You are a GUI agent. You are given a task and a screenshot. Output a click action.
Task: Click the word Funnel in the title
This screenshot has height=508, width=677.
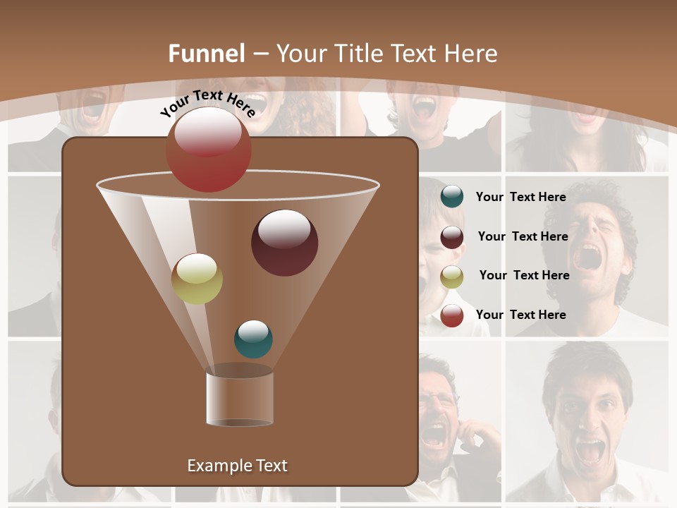click(x=206, y=54)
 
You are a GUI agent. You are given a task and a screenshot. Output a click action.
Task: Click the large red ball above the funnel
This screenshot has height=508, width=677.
click(x=208, y=149)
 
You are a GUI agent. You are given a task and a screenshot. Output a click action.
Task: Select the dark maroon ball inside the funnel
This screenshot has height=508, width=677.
click(x=284, y=242)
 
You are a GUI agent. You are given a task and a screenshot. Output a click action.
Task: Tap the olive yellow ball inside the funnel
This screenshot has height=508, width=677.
click(x=197, y=279)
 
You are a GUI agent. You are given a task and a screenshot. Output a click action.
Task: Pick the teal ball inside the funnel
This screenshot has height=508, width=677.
click(x=253, y=339)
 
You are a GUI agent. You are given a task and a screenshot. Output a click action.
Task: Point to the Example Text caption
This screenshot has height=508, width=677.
click(x=237, y=466)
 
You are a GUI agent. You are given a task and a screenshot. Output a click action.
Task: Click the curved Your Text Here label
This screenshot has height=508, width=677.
click(x=207, y=103)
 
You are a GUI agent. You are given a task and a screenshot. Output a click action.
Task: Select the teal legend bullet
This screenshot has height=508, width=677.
click(x=452, y=197)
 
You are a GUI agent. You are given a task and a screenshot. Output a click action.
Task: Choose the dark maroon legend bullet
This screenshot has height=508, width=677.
click(x=452, y=237)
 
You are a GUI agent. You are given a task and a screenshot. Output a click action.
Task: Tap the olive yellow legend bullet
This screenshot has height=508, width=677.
click(x=452, y=277)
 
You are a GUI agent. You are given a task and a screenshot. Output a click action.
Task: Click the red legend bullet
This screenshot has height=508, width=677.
click(x=452, y=315)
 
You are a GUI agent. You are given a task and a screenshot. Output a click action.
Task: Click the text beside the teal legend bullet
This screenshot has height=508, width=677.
click(x=520, y=198)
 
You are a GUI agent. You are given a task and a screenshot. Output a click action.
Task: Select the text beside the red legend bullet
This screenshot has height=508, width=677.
click(x=520, y=315)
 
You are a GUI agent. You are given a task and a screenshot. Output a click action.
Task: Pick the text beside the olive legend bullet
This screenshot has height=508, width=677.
click(x=524, y=275)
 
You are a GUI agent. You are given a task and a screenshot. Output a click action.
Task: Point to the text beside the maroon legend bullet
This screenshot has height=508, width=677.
click(x=523, y=236)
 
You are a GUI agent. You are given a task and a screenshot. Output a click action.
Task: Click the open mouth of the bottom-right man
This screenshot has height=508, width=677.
click(x=589, y=449)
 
